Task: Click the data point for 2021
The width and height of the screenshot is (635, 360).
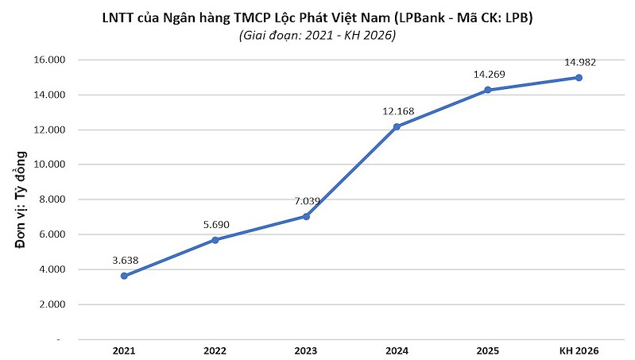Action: pos(124,276)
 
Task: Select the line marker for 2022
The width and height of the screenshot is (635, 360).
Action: pos(215,240)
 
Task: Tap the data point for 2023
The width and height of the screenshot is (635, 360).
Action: pos(306,216)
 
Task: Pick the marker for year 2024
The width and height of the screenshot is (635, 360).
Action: pos(397,126)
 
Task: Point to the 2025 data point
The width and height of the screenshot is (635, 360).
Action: pos(487,90)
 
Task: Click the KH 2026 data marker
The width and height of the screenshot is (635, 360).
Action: pos(579,77)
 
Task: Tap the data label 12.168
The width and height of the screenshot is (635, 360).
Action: pos(397,110)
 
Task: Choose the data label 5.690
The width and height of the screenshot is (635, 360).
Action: pos(216,224)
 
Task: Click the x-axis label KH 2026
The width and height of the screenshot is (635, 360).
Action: pos(579,350)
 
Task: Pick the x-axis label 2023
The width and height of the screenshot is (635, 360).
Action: pos(306,350)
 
